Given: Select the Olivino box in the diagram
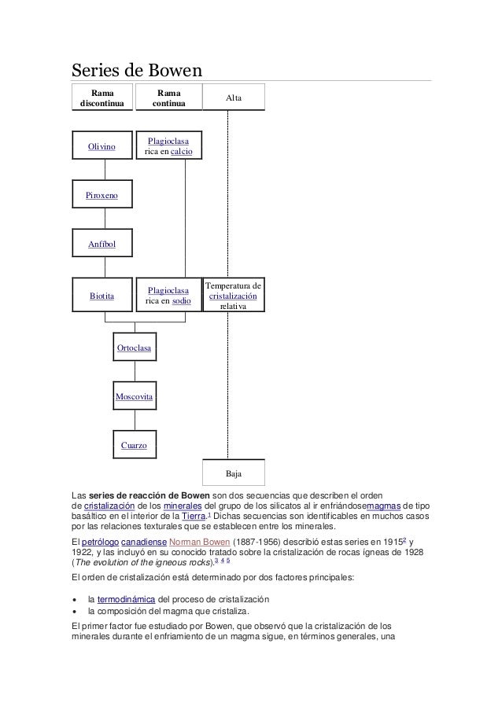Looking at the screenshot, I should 102,146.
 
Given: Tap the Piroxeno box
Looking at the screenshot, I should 102,193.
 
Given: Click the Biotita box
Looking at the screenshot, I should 102,296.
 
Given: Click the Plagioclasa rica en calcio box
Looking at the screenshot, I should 168,146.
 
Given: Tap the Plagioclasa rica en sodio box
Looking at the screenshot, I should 168,296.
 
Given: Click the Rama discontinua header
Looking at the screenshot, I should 102,97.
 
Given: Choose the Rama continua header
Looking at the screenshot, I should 168,97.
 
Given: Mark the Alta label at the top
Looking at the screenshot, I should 234,97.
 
